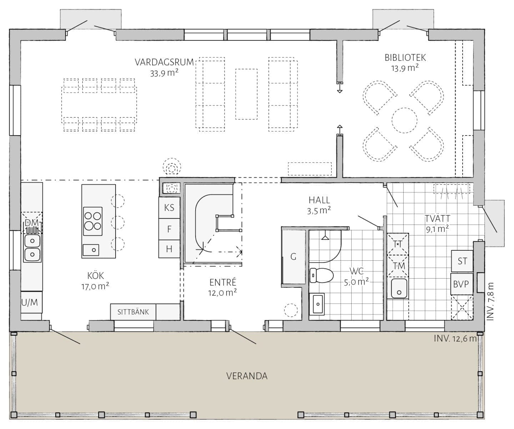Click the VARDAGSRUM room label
tap(164, 62)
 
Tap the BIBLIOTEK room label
tap(405, 58)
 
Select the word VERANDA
tap(247, 376)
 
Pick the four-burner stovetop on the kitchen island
tap(92, 221)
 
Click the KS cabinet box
tap(169, 208)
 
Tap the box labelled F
tap(169, 229)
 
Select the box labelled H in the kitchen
tap(169, 249)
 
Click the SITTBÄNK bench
tap(133, 312)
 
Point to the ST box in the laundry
tap(462, 261)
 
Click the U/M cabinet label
tap(30, 302)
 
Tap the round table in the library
tap(404, 120)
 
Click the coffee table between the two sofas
tap(246, 94)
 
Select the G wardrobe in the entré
tap(293, 257)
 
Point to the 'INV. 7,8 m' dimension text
tap(490, 301)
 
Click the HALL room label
tap(319, 200)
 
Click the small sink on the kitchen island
tap(91, 250)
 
